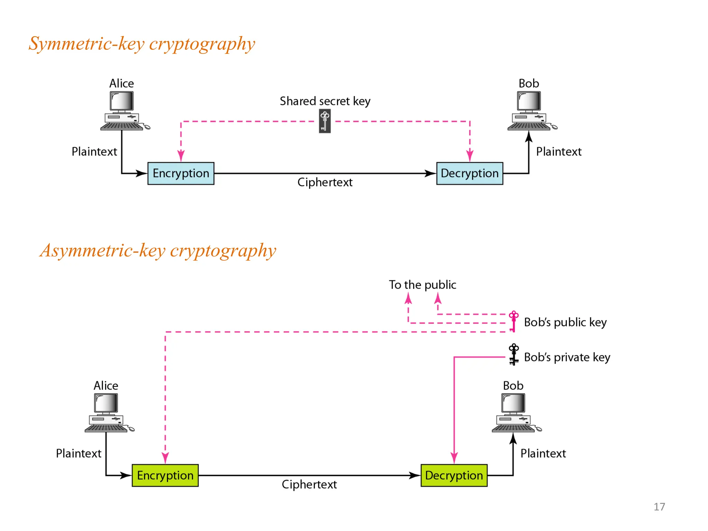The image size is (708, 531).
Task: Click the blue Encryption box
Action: [x=181, y=173]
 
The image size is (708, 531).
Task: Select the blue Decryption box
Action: [x=469, y=173]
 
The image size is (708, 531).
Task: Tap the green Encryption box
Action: [x=165, y=475]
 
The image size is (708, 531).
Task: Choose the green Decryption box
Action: [x=454, y=475]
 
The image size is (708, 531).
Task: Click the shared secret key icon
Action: [x=325, y=121]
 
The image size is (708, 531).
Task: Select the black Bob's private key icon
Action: [x=514, y=354]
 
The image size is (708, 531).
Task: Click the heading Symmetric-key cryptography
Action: [x=142, y=44]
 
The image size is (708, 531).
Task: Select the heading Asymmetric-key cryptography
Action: [x=158, y=251]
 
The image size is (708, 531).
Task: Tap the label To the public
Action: [x=422, y=285]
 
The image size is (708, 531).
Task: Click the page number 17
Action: [x=659, y=507]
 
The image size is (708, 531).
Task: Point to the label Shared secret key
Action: [x=325, y=101]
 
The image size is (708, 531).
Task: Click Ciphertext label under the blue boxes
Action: [x=325, y=182]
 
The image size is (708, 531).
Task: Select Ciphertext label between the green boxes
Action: [x=309, y=484]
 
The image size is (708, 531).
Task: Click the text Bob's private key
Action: [x=567, y=357]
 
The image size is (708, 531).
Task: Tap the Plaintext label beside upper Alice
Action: [x=94, y=152]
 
